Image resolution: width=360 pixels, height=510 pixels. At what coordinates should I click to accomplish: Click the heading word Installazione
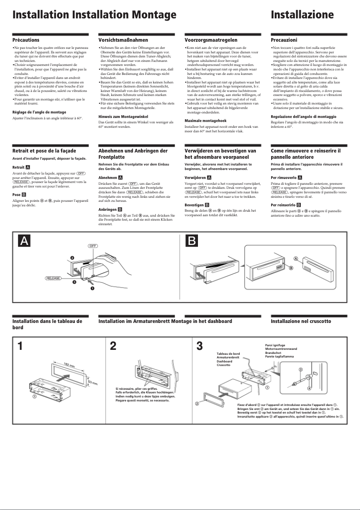point(302,15)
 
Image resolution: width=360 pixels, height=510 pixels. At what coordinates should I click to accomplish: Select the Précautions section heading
point(26,40)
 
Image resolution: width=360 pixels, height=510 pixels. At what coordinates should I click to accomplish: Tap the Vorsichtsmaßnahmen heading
point(123,40)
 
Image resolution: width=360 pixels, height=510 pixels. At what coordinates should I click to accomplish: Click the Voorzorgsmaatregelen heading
point(211,40)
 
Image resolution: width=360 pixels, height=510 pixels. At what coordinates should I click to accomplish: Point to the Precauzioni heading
point(284,40)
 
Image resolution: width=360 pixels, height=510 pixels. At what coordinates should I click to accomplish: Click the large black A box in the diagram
point(24,241)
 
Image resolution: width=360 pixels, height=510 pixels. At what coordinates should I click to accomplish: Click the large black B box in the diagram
point(192,241)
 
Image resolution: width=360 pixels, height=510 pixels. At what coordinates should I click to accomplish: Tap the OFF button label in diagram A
point(92,246)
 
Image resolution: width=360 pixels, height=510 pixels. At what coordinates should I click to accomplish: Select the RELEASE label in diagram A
point(53,278)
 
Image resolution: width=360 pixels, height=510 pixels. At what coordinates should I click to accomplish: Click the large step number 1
point(20,346)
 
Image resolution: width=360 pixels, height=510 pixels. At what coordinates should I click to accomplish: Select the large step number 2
point(113,346)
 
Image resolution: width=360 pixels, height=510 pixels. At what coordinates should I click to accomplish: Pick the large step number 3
point(200,346)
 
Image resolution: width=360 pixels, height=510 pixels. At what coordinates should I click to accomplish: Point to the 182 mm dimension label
point(69,364)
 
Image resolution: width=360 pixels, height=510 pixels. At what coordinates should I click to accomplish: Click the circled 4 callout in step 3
point(309,388)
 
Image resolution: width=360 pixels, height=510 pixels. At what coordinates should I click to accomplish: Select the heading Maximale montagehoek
point(206,121)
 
